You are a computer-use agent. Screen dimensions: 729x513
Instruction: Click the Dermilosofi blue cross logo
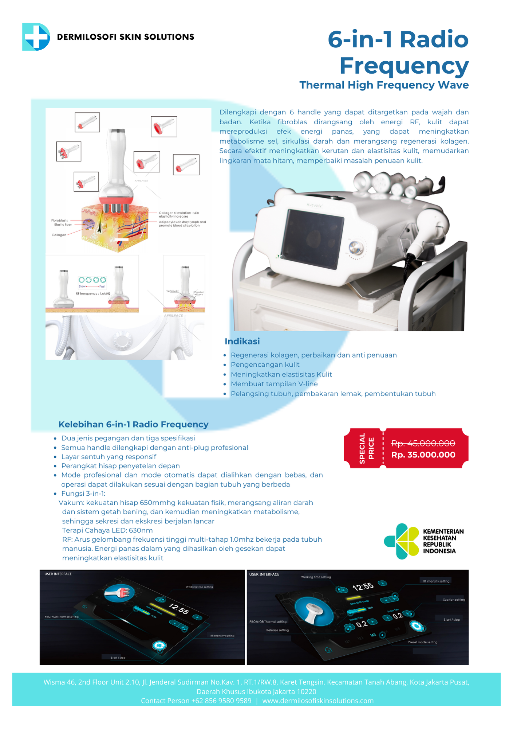[x=36, y=36]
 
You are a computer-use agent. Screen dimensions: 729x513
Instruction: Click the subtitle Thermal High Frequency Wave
[x=384, y=85]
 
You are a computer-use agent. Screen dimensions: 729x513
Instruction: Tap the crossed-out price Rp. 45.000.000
[x=423, y=443]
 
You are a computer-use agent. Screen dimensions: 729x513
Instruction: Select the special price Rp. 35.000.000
[x=423, y=455]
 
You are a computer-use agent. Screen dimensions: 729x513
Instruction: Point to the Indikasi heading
[x=242, y=342]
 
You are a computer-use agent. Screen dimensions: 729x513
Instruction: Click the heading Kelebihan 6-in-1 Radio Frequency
[x=133, y=424]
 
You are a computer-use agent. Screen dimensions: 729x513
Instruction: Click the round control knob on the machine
[x=355, y=248]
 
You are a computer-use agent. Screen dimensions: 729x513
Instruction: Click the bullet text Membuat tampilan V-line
[x=274, y=384]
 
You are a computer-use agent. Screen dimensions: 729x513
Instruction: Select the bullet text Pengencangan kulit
[x=265, y=364]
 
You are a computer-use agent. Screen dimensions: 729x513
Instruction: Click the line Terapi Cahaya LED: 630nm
[x=107, y=530]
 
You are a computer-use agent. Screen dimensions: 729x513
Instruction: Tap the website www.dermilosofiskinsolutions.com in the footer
[x=318, y=701]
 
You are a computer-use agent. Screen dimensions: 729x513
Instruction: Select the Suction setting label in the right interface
[x=454, y=600]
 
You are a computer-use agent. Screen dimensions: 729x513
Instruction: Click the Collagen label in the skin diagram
[x=59, y=235]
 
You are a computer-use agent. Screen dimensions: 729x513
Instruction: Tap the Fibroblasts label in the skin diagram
[x=59, y=221]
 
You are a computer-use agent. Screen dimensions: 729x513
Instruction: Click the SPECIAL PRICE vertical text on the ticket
[x=367, y=448]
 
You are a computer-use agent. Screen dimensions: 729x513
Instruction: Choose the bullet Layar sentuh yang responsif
[x=108, y=457]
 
